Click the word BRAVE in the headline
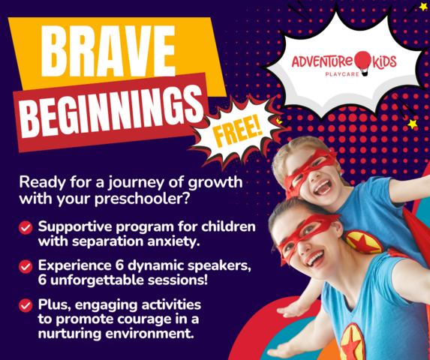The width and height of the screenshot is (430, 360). click(108, 51)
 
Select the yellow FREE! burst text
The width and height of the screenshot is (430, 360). click(238, 131)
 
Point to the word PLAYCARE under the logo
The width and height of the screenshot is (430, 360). click(342, 74)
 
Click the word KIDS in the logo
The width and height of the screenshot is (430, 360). click(383, 61)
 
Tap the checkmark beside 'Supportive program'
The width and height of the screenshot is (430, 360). click(26, 228)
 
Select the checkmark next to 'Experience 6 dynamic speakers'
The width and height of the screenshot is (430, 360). click(26, 266)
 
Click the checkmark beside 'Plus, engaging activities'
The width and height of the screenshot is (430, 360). click(26, 305)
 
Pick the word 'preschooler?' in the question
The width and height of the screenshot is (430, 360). click(142, 198)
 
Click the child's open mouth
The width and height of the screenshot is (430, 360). click(323, 187)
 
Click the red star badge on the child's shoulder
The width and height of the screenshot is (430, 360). click(364, 242)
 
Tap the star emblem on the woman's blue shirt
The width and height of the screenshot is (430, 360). click(353, 343)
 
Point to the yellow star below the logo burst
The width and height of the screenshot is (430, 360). click(412, 124)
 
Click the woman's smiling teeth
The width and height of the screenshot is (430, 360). click(315, 258)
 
